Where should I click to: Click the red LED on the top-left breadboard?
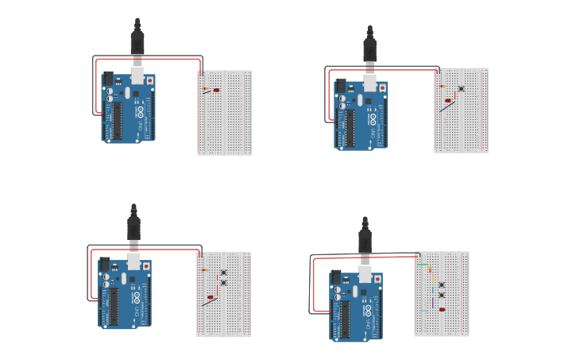tap(216, 90)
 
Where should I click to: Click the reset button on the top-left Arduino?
tap(149, 81)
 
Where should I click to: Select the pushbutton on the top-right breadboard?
tap(461, 88)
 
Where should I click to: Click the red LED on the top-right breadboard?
tap(448, 101)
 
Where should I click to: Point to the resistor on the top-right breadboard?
tap(442, 86)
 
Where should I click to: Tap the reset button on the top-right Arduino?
tap(382, 88)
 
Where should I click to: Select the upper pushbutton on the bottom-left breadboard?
tap(223, 273)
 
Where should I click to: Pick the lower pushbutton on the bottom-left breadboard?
tap(223, 282)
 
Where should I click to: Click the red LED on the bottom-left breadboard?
tap(211, 298)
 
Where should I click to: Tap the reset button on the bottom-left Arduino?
tap(146, 267)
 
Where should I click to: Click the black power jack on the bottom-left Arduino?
tap(105, 265)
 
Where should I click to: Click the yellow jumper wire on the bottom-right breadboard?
tap(432, 282)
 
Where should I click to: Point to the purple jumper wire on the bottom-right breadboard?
tap(433, 300)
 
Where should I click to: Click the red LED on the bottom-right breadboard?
tap(442, 310)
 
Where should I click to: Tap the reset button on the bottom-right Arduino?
tap(377, 280)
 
